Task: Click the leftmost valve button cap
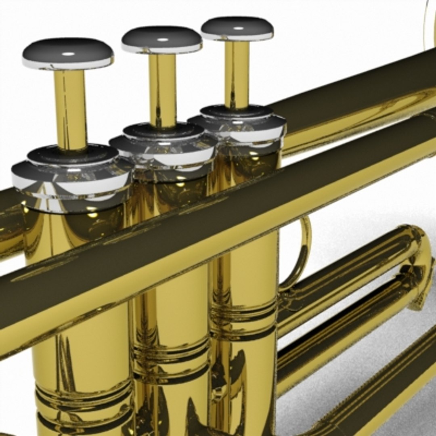(x=68, y=52)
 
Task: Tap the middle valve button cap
(x=161, y=39)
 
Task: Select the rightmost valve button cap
(x=237, y=28)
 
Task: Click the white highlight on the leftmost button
(x=68, y=54)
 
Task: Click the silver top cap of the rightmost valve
(x=238, y=125)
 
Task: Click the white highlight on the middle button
(x=162, y=40)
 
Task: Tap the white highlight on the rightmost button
(x=238, y=28)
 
